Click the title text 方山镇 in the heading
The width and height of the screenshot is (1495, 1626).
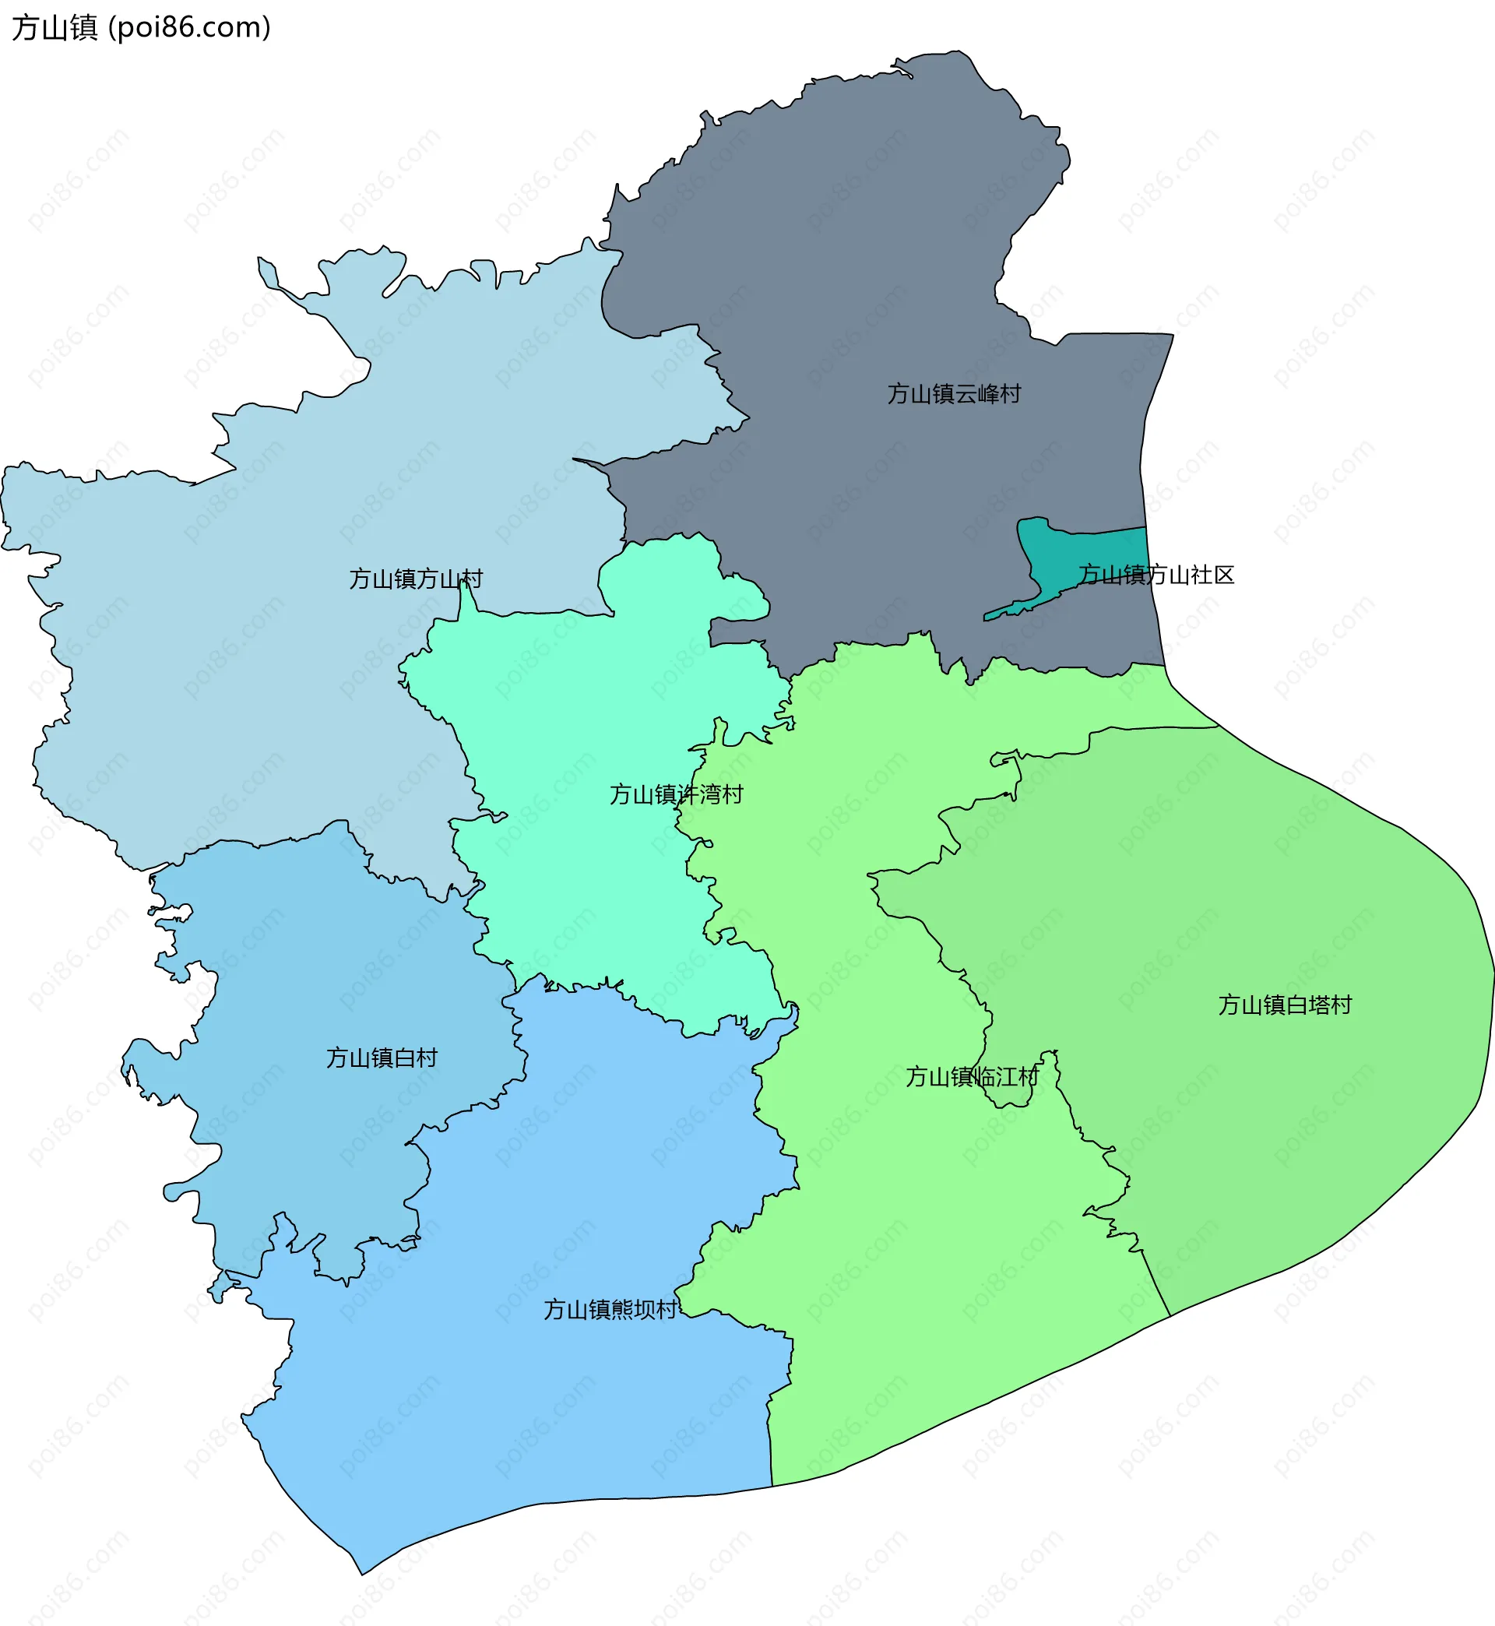[55, 27]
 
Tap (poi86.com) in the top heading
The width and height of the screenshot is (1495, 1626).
[189, 27]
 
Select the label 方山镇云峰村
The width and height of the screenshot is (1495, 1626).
[954, 394]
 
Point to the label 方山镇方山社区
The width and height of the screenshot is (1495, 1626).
[1156, 575]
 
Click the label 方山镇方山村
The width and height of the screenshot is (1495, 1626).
[416, 579]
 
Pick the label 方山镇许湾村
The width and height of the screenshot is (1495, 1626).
[677, 794]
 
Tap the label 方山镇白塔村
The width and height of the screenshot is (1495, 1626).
[1285, 1005]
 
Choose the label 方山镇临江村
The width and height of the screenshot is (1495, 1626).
[972, 1077]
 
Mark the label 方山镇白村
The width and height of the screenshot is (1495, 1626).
[382, 1058]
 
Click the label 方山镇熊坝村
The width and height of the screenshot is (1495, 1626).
[610, 1309]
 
